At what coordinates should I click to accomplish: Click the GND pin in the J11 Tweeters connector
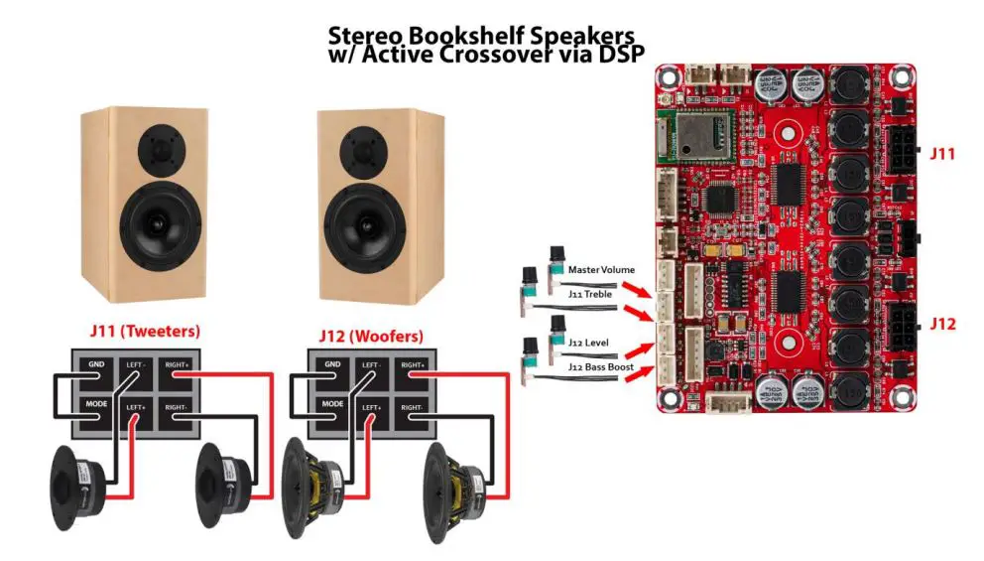94,365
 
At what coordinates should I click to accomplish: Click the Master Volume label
601,269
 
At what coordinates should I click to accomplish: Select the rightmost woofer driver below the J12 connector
456,486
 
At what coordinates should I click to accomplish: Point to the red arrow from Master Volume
637,286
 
